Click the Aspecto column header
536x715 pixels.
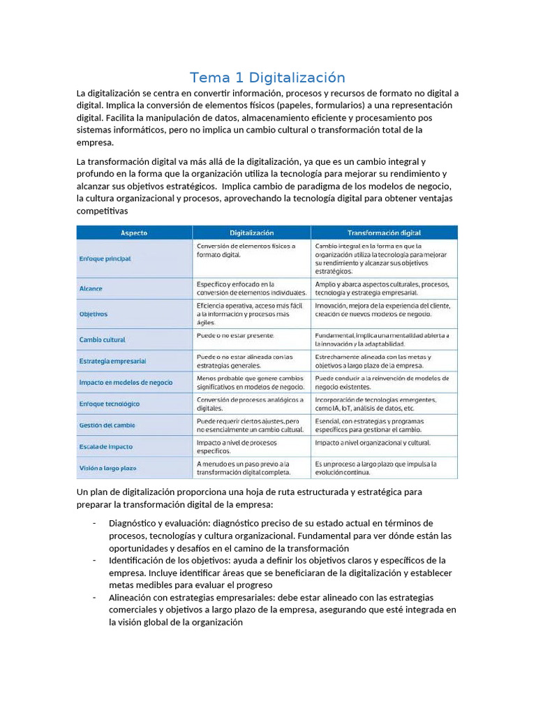133,233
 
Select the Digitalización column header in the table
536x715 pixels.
251,233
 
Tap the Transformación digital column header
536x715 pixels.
384,233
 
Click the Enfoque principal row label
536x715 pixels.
104,258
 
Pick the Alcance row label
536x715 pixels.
91,288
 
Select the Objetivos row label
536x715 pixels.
94,314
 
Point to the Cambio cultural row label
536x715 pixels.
102,339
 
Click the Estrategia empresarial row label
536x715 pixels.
112,361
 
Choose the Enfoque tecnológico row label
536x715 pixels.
109,404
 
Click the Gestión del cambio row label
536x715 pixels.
107,425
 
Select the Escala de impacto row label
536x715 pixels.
105,446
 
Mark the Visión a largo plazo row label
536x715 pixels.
107,467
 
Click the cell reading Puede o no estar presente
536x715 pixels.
235,336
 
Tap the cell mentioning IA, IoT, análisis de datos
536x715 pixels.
377,404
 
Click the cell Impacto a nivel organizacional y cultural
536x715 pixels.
373,443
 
